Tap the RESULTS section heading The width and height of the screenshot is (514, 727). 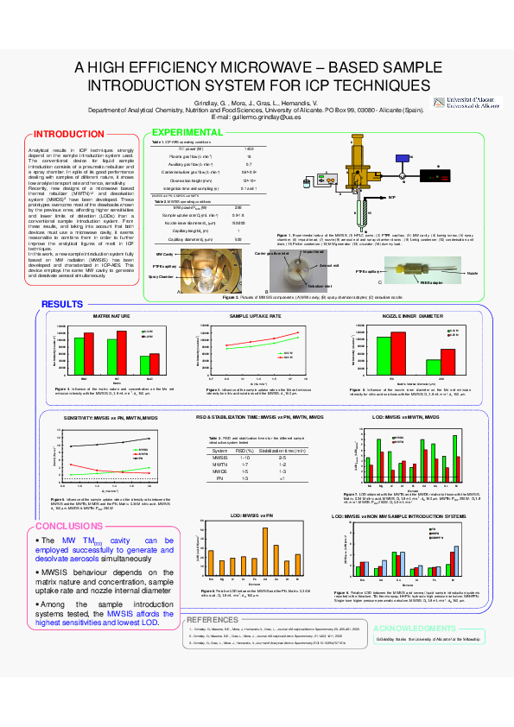(x=62, y=304)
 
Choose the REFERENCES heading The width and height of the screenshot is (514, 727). (x=212, y=620)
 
